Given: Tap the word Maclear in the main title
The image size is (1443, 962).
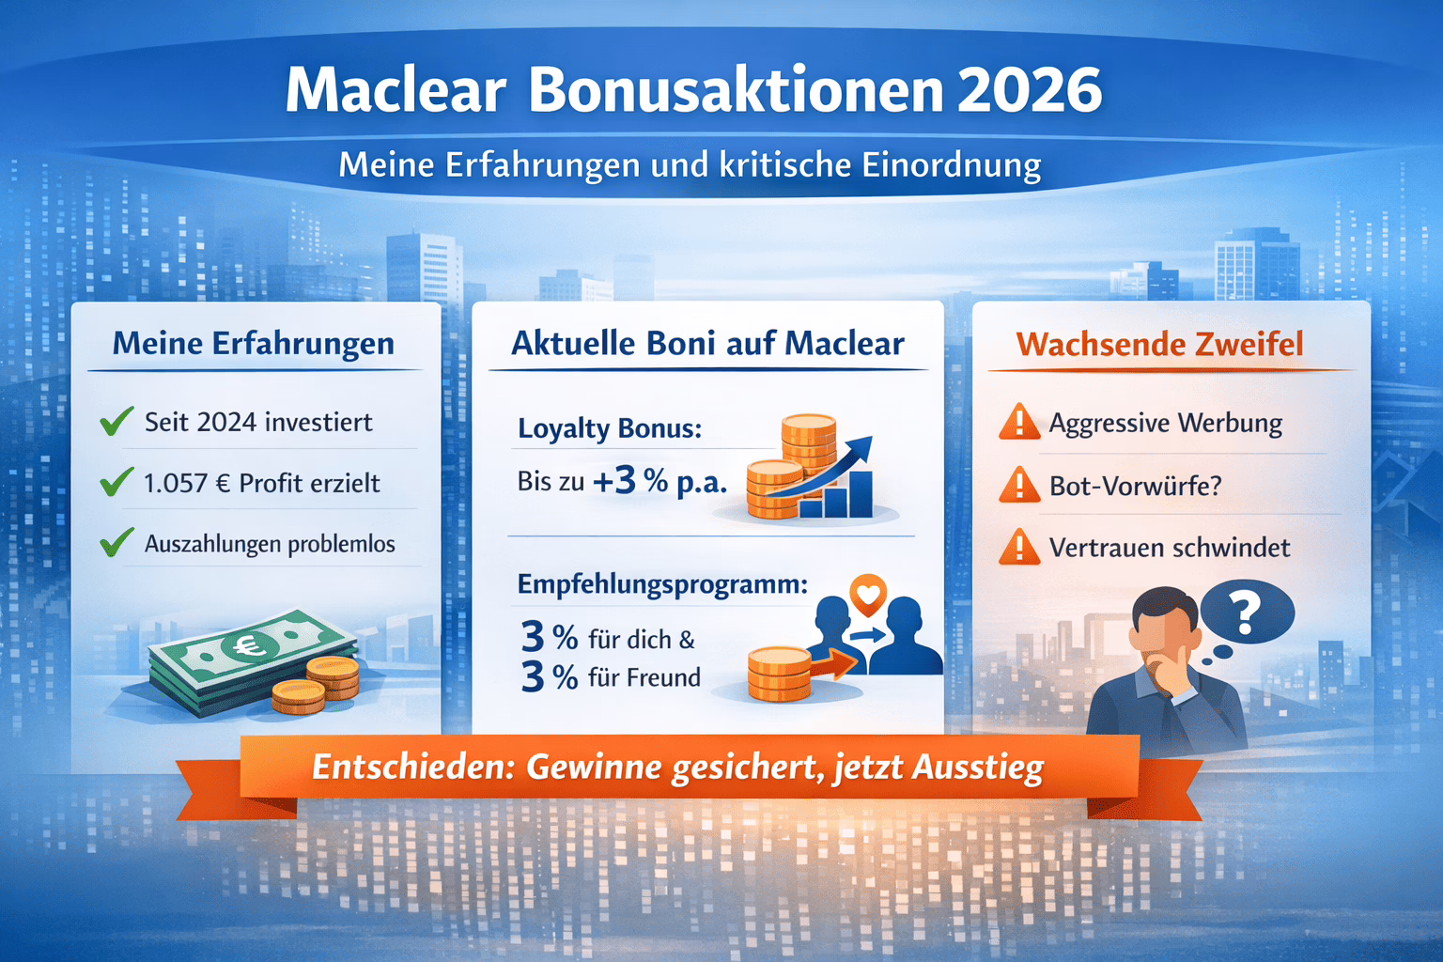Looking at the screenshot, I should [x=396, y=91].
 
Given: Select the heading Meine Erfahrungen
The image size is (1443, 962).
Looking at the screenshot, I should [x=254, y=344].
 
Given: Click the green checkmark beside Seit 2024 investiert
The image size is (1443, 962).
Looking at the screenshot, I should [x=116, y=422].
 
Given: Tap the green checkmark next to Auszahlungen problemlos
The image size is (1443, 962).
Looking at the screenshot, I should [x=116, y=543].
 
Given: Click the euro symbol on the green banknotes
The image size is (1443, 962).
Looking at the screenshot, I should [x=248, y=647].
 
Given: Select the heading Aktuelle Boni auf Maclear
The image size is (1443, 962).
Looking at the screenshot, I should [x=707, y=344].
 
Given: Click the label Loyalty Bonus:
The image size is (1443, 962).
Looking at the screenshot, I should [x=610, y=429].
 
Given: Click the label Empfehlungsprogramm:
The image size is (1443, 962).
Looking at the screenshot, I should [x=662, y=584].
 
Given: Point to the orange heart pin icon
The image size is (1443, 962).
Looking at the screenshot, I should [x=867, y=595].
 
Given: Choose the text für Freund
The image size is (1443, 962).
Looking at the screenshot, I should [x=644, y=677].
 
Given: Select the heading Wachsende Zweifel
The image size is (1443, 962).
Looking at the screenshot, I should [x=1159, y=344].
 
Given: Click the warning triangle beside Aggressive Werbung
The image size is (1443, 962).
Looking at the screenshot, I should [x=1019, y=423].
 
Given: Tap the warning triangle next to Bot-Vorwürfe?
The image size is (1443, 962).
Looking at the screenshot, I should [x=1019, y=486].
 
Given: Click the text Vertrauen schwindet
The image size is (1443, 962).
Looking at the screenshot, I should [x=1170, y=548].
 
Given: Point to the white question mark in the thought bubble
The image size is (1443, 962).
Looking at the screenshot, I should [x=1246, y=613].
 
